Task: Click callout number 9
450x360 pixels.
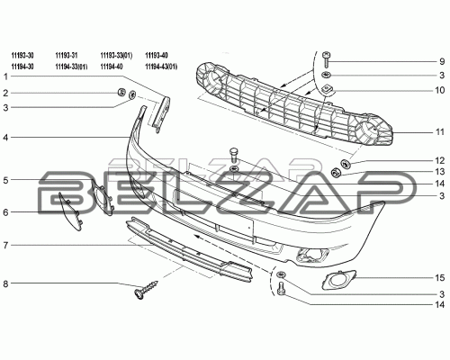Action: [x=442, y=61]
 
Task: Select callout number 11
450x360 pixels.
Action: [x=440, y=131]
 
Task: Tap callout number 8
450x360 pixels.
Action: [x=5, y=283]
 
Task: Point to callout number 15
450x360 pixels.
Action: [x=440, y=278]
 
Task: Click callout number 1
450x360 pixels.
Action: [x=5, y=76]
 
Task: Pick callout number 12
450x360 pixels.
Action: [x=440, y=160]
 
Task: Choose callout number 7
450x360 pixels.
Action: [x=5, y=246]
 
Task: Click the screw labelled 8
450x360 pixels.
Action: [x=146, y=291]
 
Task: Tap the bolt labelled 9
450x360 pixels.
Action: [x=326, y=59]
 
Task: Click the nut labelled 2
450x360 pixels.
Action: [x=121, y=92]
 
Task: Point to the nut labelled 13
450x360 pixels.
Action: [x=335, y=173]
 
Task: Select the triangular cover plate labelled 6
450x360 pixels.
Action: [x=71, y=211]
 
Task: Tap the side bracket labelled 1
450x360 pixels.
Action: [x=161, y=114]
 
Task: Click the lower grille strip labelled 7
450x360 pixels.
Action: [x=189, y=249]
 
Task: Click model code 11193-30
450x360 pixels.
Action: [x=22, y=56]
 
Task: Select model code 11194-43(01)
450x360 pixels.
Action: [x=161, y=67]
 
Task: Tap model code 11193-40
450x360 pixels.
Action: [x=157, y=56]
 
